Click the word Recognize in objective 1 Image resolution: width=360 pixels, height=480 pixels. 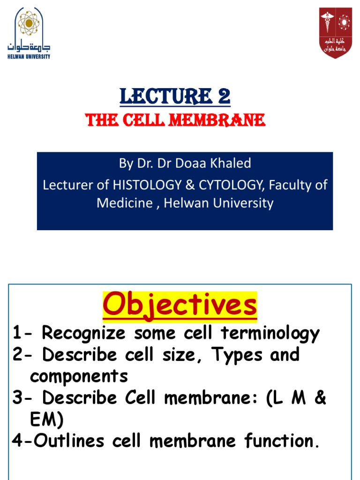pos(83,333)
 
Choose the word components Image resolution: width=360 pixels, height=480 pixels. pos(79,376)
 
